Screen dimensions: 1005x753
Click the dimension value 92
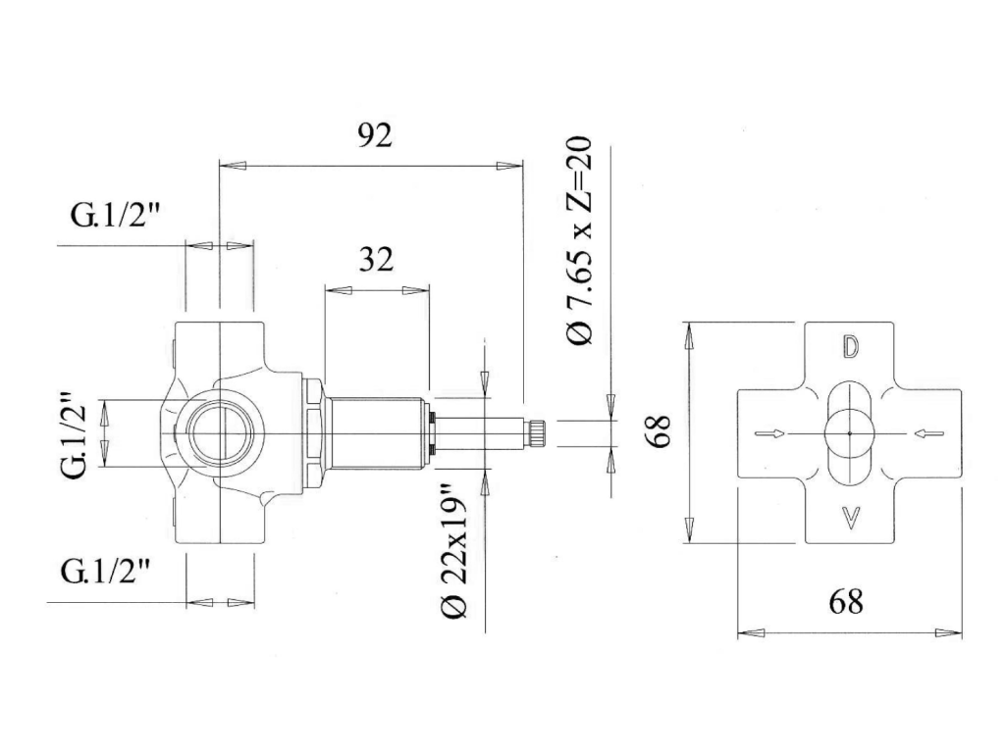coord(374,135)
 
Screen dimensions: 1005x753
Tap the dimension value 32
coord(376,259)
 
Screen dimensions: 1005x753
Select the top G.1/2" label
coord(114,215)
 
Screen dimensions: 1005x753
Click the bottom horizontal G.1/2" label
coord(105,571)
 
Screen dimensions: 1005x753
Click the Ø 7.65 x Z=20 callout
coord(581,241)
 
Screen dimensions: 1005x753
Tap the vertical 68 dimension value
coord(659,429)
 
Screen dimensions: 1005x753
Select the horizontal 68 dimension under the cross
coord(846,601)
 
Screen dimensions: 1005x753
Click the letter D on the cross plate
coord(850,346)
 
